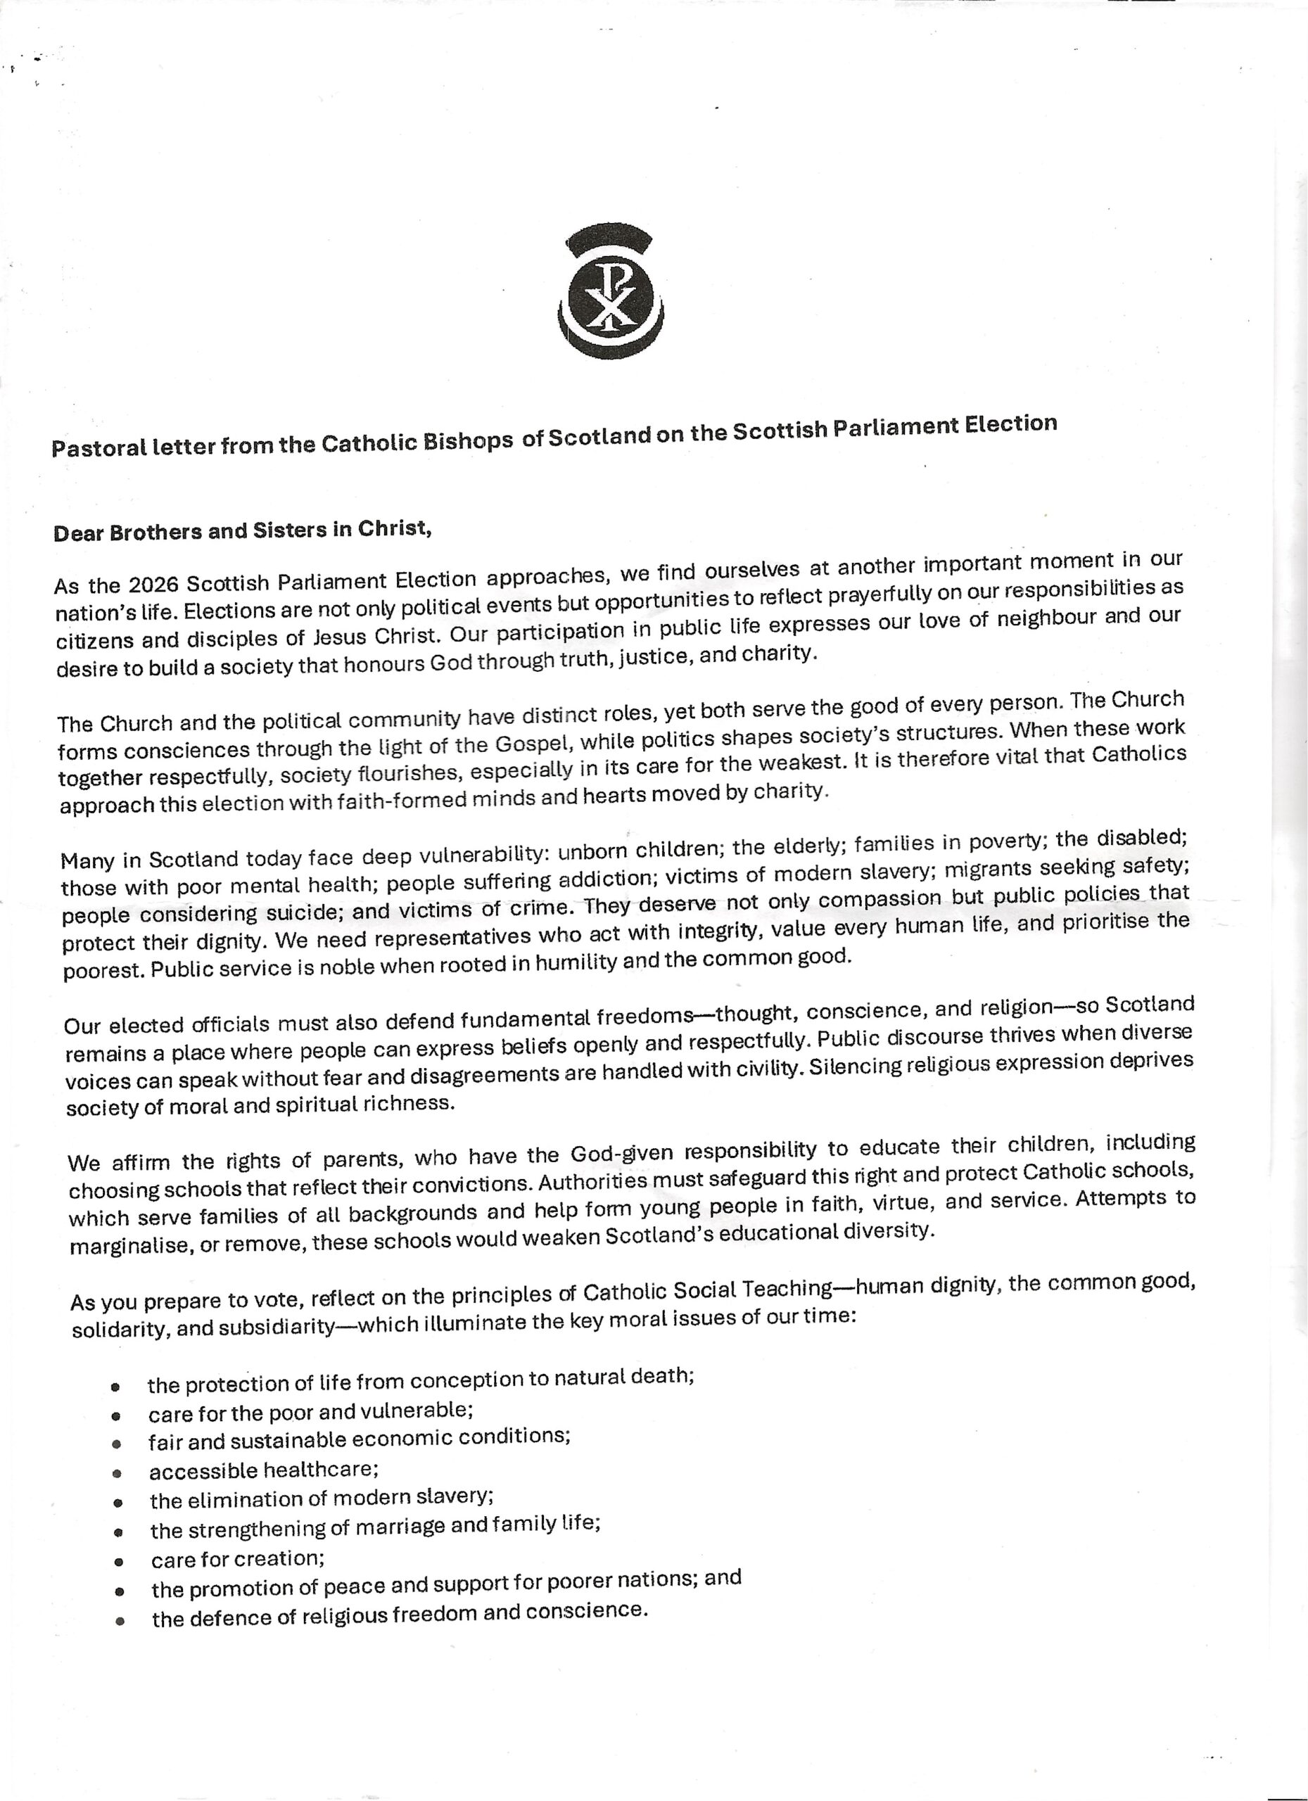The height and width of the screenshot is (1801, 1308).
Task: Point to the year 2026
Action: [x=154, y=585]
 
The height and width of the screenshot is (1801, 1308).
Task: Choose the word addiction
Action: [x=605, y=878]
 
